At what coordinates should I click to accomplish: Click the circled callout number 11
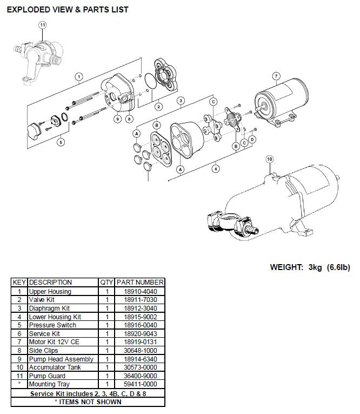pos(43,25)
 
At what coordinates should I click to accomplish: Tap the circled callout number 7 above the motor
pos(276,76)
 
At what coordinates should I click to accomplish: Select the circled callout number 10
pos(270,159)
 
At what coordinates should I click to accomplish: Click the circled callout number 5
pos(61,142)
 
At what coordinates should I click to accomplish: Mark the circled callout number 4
pos(216,169)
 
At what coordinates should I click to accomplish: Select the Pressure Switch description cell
pos(52,325)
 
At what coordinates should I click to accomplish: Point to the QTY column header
pos(106,282)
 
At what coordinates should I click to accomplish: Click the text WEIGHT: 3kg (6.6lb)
pos(310,267)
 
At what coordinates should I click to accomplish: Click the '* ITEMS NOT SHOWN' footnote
pos(88,401)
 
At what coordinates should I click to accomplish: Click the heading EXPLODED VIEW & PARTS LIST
pos(67,10)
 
